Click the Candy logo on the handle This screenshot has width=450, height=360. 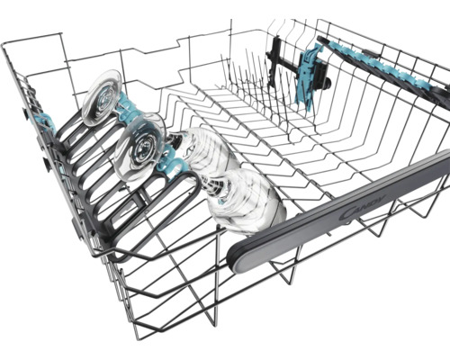click(x=363, y=207)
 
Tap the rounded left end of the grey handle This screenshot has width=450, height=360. click(x=236, y=259)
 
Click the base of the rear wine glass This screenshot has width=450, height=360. click(x=102, y=96)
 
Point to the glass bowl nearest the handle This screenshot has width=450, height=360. click(x=246, y=198)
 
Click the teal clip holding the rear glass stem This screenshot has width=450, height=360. click(x=129, y=105)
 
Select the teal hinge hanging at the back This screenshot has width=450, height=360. click(x=308, y=75)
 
